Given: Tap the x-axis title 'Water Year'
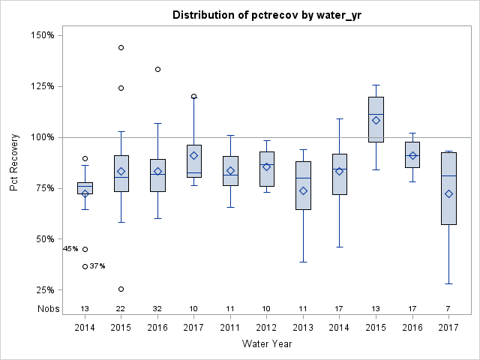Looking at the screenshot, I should [266, 343].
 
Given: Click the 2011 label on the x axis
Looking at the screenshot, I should [230, 327].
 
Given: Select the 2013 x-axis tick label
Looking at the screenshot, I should [303, 327].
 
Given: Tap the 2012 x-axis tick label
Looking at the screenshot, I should [267, 327].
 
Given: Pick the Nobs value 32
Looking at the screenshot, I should [157, 308].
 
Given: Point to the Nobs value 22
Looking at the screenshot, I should [121, 308].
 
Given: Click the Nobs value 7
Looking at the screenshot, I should [448, 308].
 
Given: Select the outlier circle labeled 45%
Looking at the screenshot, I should [85, 249].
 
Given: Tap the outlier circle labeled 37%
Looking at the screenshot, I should [85, 266].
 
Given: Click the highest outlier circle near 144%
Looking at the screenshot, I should [121, 47].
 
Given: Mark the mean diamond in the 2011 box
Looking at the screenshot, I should [230, 171].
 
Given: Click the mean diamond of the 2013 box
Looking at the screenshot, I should [303, 190].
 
